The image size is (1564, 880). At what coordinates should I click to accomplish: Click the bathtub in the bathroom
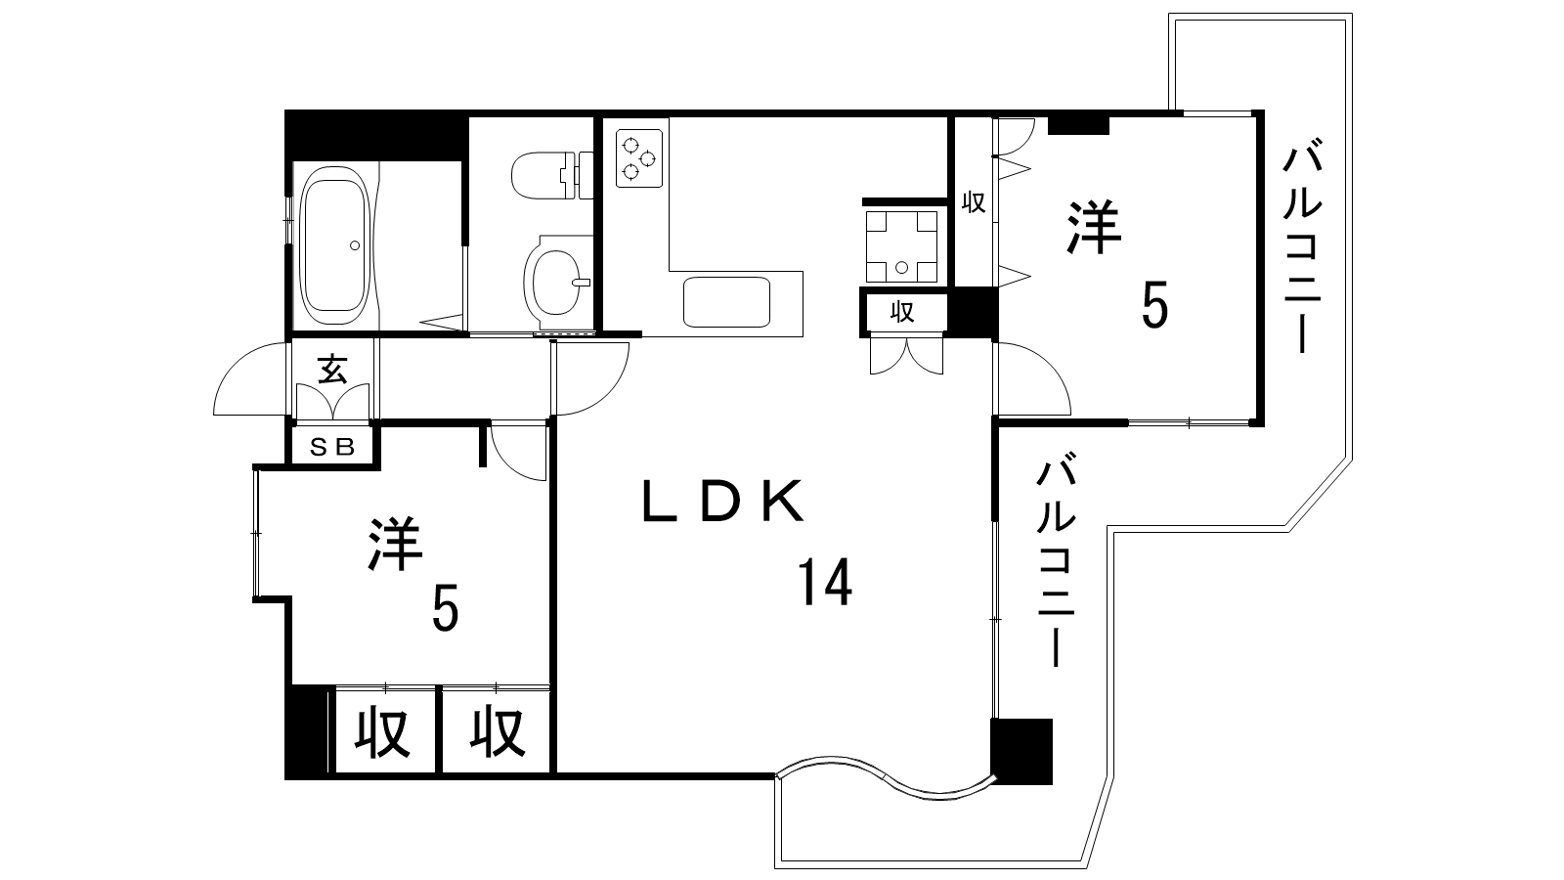coord(334,244)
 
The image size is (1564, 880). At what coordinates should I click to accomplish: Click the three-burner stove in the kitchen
coord(639,157)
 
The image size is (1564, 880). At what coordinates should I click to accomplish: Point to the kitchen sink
coord(726,302)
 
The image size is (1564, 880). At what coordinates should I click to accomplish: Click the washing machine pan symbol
coord(901,245)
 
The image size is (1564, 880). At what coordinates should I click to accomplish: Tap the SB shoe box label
coord(332,447)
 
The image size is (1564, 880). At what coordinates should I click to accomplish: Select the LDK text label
coord(722,502)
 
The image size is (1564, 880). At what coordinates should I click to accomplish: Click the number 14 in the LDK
coord(825,581)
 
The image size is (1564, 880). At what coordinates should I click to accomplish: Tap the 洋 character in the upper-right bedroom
coord(1094,227)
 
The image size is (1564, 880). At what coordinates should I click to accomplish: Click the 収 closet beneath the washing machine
coord(902,312)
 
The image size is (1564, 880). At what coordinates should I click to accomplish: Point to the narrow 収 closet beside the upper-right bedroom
coord(974,202)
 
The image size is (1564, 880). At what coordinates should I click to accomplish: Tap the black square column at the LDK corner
coord(1021,752)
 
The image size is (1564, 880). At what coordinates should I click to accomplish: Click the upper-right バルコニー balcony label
coord(1302,249)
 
